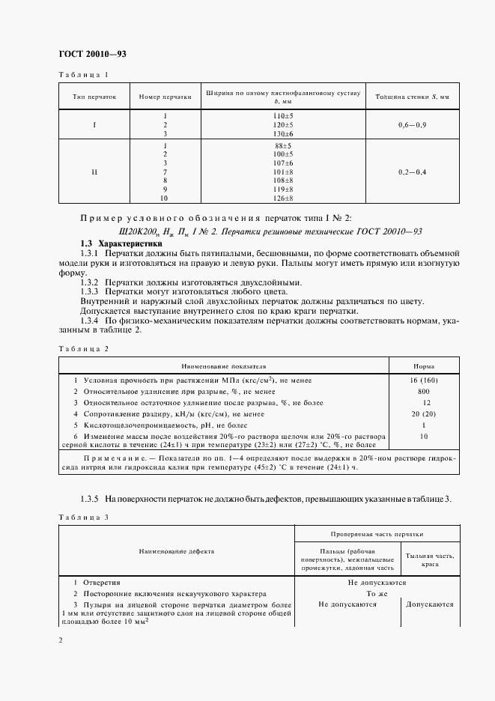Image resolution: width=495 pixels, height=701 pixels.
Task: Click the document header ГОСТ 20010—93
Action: (x=92, y=54)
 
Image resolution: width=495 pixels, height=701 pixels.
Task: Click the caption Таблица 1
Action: (x=83, y=74)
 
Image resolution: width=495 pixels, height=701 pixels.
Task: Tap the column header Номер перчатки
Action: (x=160, y=97)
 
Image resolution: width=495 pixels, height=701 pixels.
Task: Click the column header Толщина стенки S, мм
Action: (x=412, y=97)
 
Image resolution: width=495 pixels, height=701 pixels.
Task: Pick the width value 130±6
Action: (x=284, y=133)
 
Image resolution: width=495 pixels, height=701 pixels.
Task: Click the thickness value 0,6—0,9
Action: (x=413, y=124)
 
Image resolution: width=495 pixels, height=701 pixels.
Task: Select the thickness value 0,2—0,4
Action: (x=413, y=172)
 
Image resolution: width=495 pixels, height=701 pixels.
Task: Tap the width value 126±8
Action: (x=284, y=199)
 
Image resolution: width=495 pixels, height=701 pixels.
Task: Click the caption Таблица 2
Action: (x=83, y=349)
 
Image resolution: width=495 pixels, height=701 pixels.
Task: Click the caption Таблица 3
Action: (x=83, y=517)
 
